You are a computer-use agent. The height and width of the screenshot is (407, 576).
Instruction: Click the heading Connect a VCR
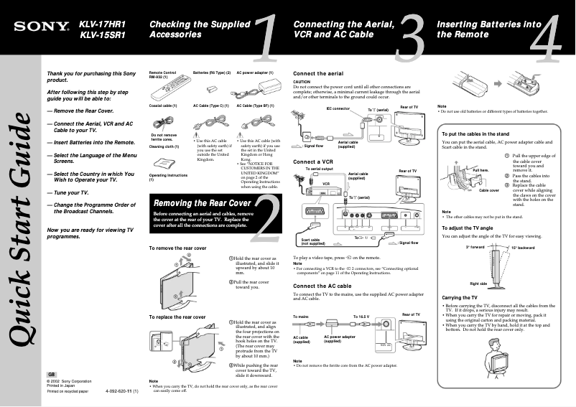(313, 162)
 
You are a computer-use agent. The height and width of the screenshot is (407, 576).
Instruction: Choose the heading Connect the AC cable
(322, 286)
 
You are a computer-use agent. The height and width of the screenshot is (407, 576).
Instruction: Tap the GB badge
(52, 375)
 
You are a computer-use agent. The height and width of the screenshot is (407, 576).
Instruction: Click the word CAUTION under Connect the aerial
(302, 82)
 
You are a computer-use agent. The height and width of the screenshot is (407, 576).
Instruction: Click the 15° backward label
(523, 248)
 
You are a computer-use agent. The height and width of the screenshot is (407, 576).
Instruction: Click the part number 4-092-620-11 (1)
(122, 392)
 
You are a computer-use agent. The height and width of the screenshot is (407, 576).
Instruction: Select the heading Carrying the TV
(460, 297)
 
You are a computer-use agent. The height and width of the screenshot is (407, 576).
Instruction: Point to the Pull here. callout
(462, 170)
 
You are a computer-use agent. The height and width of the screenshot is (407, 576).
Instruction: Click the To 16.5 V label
(364, 316)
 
